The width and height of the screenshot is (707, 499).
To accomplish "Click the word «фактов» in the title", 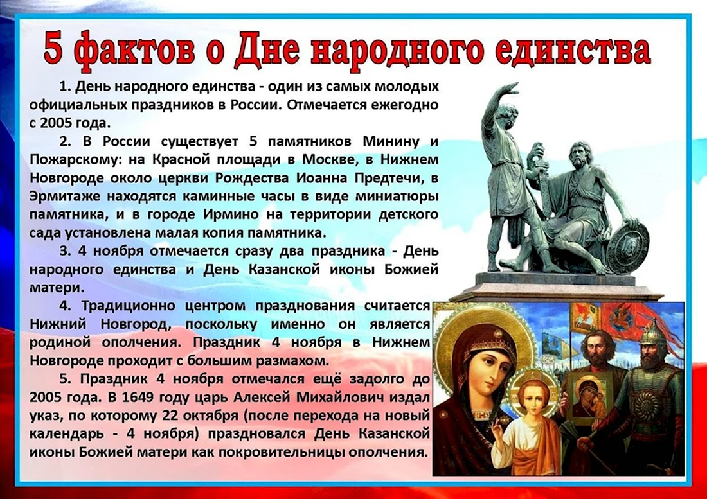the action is pos(130,51).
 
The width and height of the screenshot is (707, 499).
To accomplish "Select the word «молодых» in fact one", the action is pos(409,87).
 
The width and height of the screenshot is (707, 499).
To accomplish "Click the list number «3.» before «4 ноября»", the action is pos(66,251).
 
